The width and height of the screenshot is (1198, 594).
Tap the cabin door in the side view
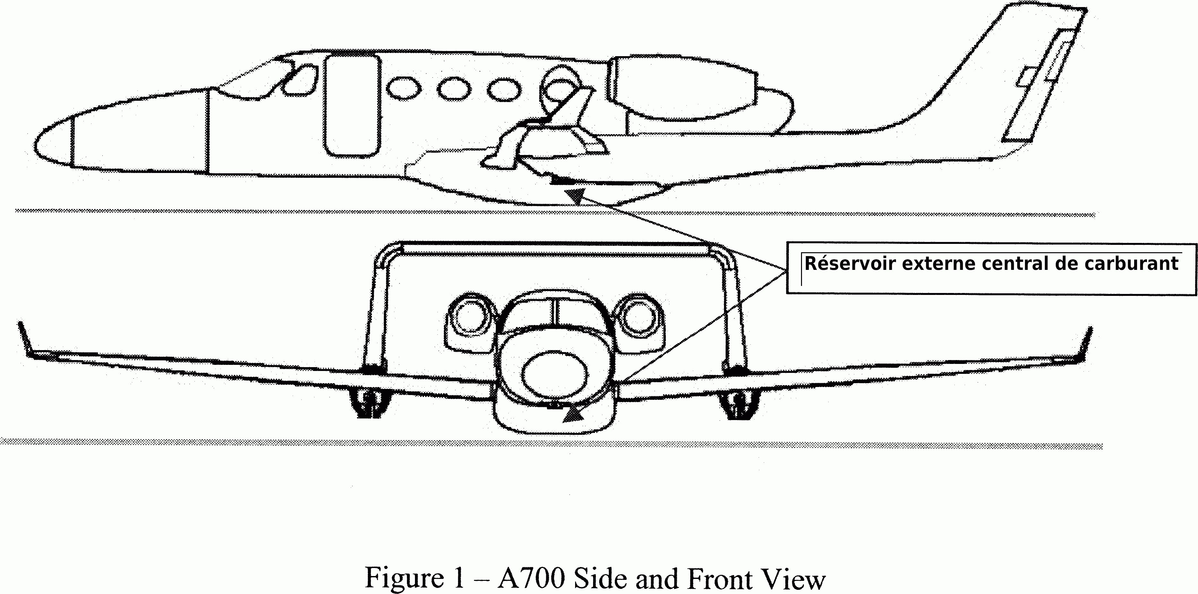tap(351, 106)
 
